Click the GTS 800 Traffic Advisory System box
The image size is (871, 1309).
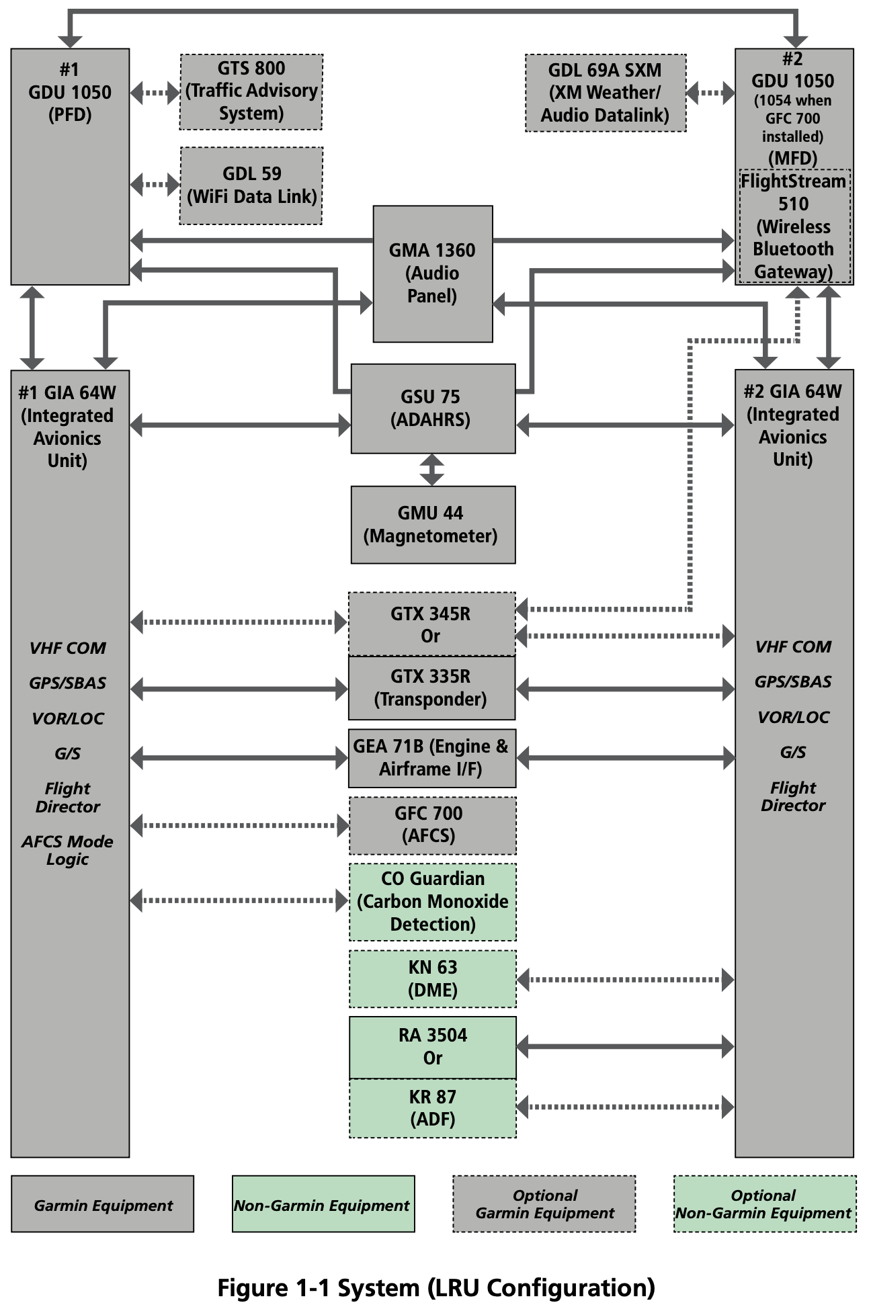(251, 91)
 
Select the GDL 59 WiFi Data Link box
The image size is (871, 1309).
(251, 185)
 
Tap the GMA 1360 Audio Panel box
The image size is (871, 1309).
(432, 273)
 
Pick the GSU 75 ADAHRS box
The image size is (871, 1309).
(432, 408)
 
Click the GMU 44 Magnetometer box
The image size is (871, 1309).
(432, 524)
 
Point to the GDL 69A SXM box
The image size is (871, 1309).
(605, 93)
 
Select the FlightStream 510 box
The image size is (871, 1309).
(794, 226)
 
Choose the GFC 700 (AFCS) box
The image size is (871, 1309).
(432, 825)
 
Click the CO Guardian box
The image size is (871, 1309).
(432, 901)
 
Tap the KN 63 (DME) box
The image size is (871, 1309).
(432, 978)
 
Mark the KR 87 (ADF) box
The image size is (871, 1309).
(432, 1108)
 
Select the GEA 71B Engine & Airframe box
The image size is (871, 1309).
(432, 758)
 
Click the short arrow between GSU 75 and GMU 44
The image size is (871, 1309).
(431, 470)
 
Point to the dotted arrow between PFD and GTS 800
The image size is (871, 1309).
(155, 92)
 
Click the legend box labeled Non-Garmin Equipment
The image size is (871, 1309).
(323, 1206)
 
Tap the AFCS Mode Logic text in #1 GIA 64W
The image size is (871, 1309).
(67, 850)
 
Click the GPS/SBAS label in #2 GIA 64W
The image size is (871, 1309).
(793, 681)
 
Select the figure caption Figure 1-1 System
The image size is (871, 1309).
(435, 1287)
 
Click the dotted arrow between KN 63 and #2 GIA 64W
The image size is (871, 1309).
(625, 980)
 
